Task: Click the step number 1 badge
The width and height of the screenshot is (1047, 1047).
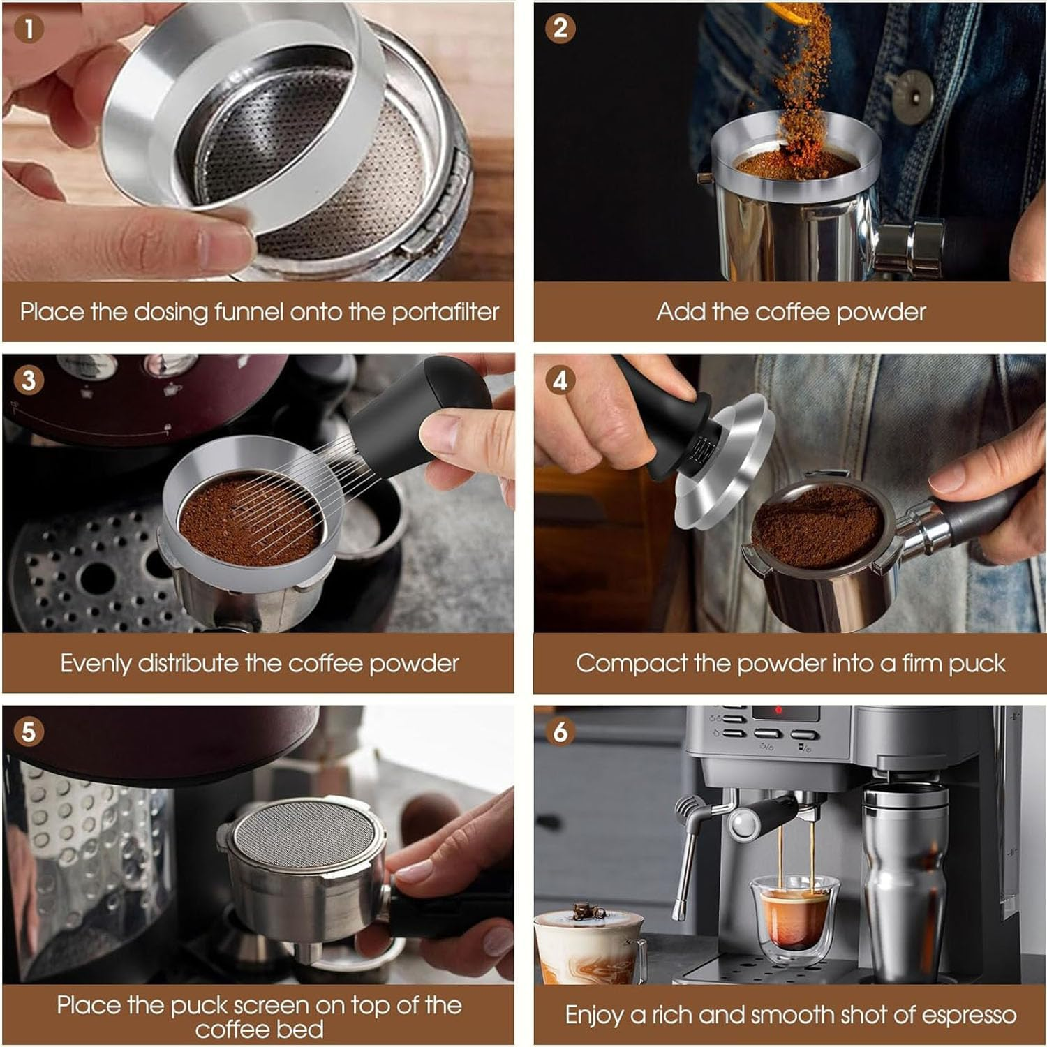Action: coord(29,29)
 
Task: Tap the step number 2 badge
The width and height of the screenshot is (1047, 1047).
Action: coord(560,29)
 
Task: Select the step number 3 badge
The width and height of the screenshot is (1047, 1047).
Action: coord(29,380)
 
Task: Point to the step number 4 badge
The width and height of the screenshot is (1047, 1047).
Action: coord(560,380)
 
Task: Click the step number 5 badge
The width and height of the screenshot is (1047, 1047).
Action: coord(29,732)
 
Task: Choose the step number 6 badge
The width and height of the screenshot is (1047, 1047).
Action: coord(560,732)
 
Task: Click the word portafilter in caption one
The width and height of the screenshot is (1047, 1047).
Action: coord(445,312)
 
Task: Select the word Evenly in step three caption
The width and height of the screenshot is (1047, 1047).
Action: coord(96,663)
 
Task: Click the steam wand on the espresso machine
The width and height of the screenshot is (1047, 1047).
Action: coord(688,859)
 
